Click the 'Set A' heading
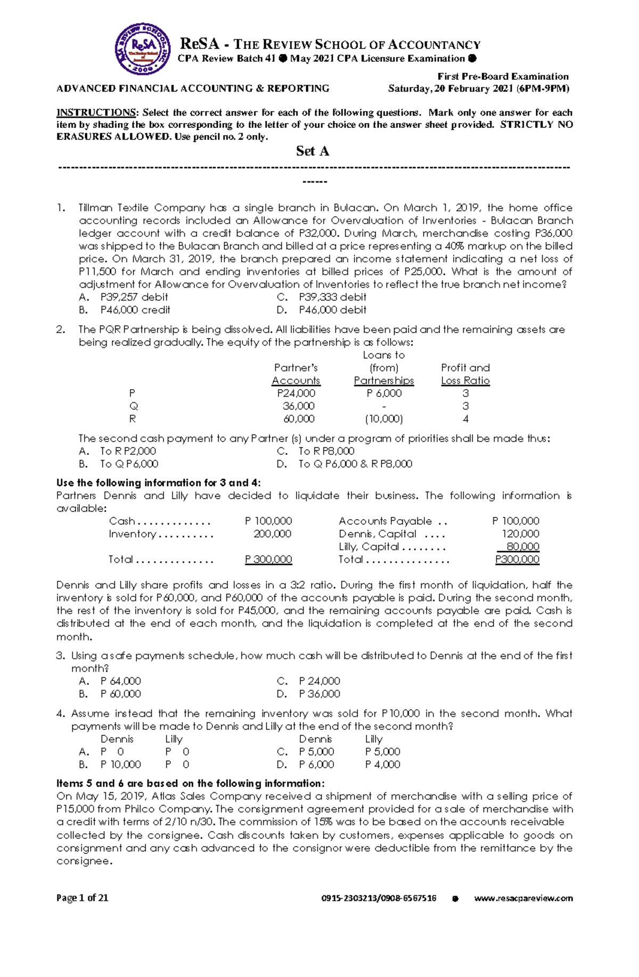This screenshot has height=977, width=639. click(x=313, y=151)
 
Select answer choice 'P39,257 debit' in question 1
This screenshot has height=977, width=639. click(x=134, y=297)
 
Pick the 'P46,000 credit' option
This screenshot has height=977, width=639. click(x=135, y=310)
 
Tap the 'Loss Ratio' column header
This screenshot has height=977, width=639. click(x=465, y=381)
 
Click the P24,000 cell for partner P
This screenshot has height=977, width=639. click(x=296, y=393)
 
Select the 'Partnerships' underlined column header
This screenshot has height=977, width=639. click(x=383, y=381)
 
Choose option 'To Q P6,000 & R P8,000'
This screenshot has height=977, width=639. click(x=355, y=464)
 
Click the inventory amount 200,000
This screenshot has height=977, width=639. click(x=272, y=534)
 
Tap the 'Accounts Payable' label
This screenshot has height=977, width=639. click(x=385, y=521)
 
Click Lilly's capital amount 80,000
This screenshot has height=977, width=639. click(x=522, y=547)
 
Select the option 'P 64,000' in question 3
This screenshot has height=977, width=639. click(x=120, y=681)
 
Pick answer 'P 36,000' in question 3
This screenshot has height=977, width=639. click(x=319, y=694)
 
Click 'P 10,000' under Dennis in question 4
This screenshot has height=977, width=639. click(x=120, y=765)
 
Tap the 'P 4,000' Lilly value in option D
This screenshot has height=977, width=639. click(x=382, y=765)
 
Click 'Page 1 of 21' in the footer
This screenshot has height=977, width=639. click(x=83, y=898)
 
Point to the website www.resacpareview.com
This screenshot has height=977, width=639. click(x=523, y=898)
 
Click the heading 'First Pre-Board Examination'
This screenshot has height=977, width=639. click(x=503, y=76)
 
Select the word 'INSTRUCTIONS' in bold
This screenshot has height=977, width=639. click(x=96, y=112)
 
